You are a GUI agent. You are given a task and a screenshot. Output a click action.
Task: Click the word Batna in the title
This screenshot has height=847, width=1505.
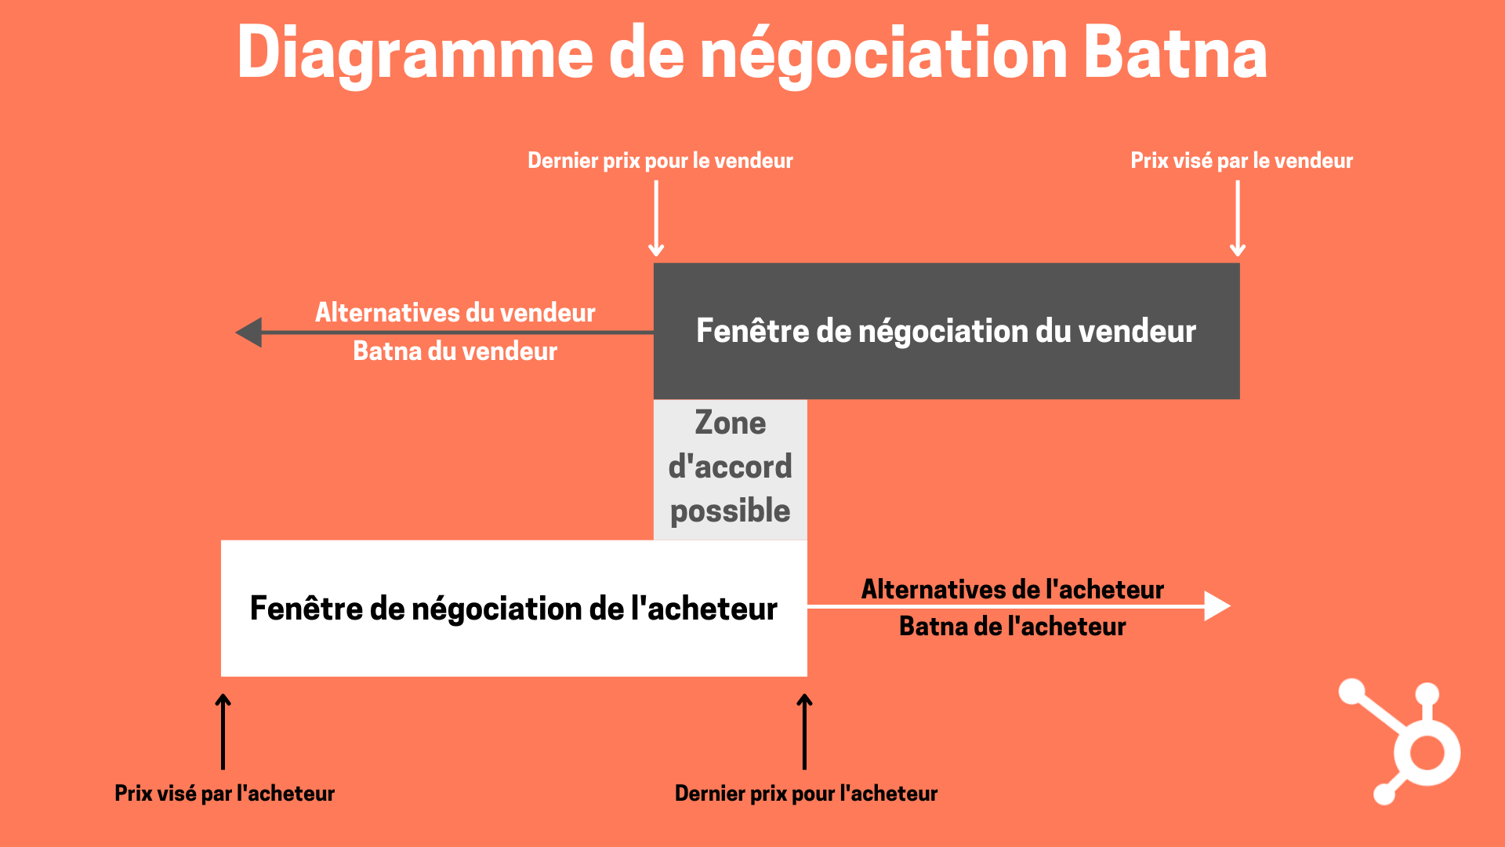(1175, 53)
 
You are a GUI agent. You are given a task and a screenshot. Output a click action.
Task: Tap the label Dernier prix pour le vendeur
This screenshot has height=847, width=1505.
(660, 161)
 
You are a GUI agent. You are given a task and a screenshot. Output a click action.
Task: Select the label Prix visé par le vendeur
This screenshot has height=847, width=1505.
(1241, 161)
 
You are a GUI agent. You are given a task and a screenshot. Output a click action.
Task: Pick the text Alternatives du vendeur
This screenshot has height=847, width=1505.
(455, 312)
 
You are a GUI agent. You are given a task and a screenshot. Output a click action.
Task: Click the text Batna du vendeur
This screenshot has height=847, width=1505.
(455, 351)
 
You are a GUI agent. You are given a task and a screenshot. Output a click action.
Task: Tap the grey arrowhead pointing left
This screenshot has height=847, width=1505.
(249, 333)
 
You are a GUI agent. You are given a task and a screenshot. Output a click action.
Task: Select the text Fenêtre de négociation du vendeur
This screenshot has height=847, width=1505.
(946, 331)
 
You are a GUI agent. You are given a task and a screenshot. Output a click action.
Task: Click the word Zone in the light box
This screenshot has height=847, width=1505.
(730, 423)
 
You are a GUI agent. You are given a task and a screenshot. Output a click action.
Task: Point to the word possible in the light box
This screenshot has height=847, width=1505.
(730, 511)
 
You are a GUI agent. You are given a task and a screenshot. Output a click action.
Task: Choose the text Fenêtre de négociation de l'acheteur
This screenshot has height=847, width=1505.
(513, 609)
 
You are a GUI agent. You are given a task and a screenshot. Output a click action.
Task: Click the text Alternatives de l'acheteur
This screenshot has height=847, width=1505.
(1012, 589)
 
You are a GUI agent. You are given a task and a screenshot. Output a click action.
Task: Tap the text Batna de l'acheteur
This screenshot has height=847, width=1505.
(1012, 626)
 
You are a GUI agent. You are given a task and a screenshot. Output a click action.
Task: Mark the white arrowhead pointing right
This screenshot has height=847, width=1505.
(1217, 606)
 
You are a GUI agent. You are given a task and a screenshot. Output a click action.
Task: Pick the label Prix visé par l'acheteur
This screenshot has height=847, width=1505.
(224, 793)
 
